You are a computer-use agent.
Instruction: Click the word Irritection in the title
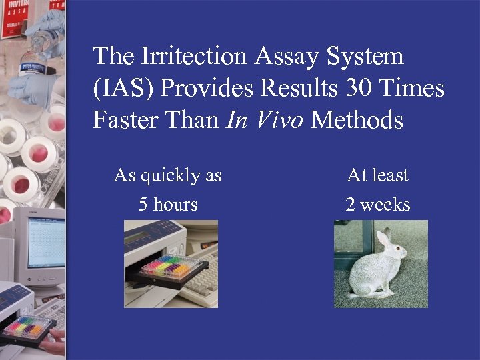pyautogui.click(x=194, y=56)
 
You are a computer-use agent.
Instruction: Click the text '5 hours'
pyautogui.click(x=168, y=204)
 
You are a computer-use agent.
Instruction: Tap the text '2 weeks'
pyautogui.click(x=377, y=204)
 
